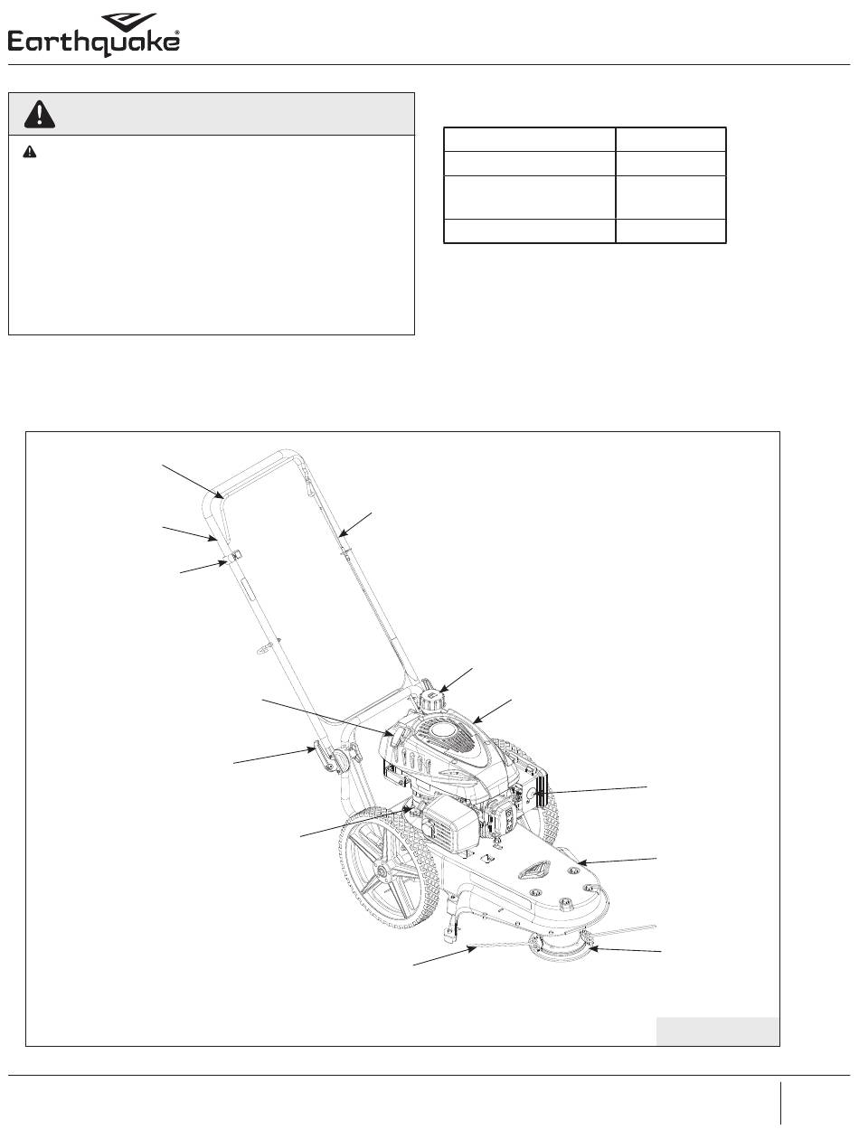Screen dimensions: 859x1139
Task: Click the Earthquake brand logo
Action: coord(94,34)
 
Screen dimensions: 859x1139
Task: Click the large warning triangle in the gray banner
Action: coord(40,114)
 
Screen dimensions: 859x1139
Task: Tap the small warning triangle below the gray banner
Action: coord(30,152)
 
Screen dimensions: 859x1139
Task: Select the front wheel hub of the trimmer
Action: coord(384,873)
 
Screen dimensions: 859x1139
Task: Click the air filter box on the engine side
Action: coord(449,825)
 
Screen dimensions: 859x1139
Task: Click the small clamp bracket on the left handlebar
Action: coord(231,556)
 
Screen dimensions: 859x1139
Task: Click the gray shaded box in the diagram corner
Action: coord(717,1031)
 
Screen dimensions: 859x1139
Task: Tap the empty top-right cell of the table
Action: coord(671,139)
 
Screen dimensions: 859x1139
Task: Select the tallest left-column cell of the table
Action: coord(529,197)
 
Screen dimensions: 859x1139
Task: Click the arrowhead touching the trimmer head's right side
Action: coord(592,948)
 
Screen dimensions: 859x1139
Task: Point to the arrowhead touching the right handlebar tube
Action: coord(341,533)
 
